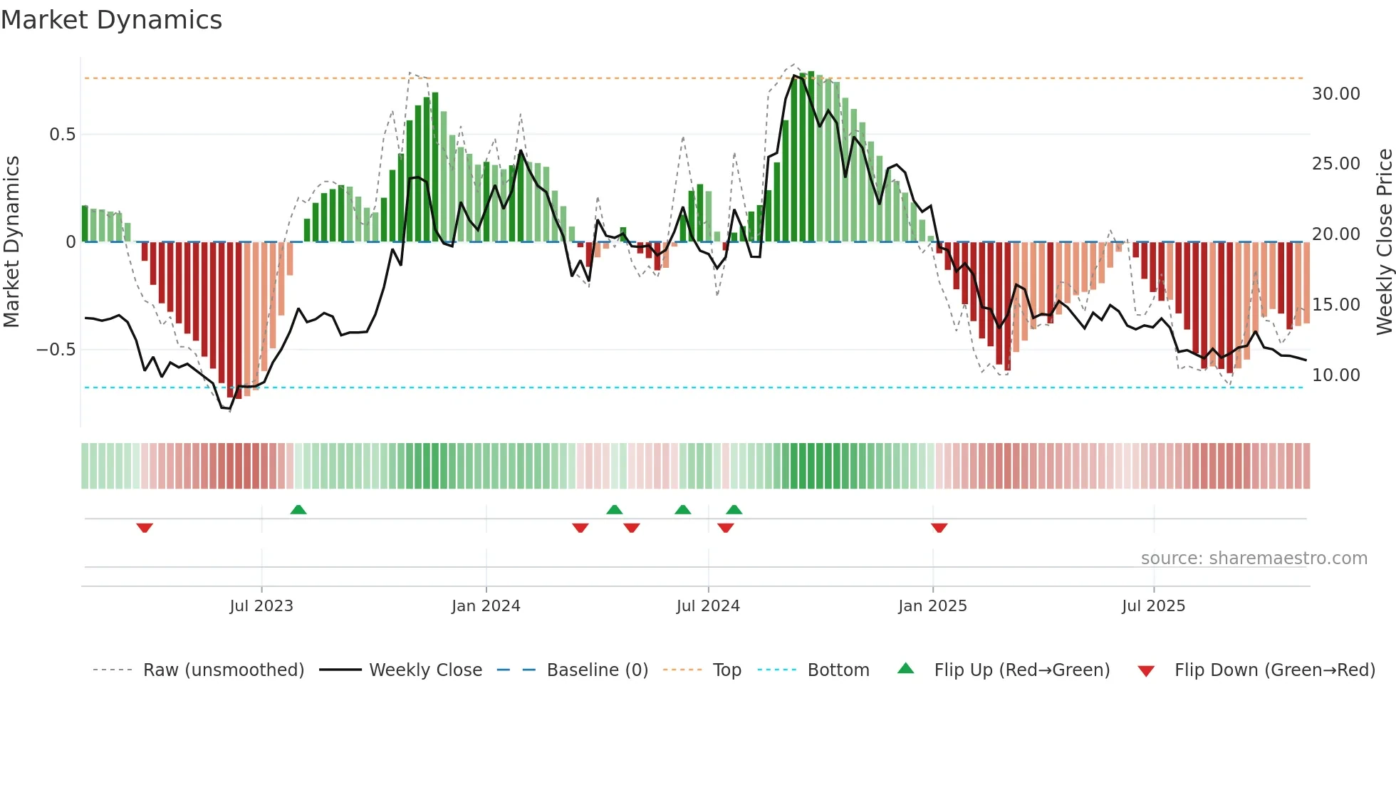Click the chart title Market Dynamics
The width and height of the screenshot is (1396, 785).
point(111,20)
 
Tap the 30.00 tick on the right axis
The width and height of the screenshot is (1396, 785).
point(1335,94)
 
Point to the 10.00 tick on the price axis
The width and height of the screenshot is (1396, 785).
point(1335,375)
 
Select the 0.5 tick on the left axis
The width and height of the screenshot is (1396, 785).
point(62,135)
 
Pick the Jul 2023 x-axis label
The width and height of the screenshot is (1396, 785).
point(261,606)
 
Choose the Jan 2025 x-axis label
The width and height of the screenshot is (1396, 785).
point(932,606)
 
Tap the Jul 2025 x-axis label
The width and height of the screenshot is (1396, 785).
point(1153,606)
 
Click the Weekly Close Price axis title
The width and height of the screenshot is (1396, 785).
point(1384,242)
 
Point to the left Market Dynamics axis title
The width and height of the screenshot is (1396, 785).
point(11,242)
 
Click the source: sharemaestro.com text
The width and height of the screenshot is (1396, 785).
point(1254,558)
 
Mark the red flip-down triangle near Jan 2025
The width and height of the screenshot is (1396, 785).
point(939,528)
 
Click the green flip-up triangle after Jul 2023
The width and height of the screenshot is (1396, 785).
point(298,509)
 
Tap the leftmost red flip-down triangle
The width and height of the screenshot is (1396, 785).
point(145,528)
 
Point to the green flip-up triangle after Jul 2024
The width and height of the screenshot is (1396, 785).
point(734,509)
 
